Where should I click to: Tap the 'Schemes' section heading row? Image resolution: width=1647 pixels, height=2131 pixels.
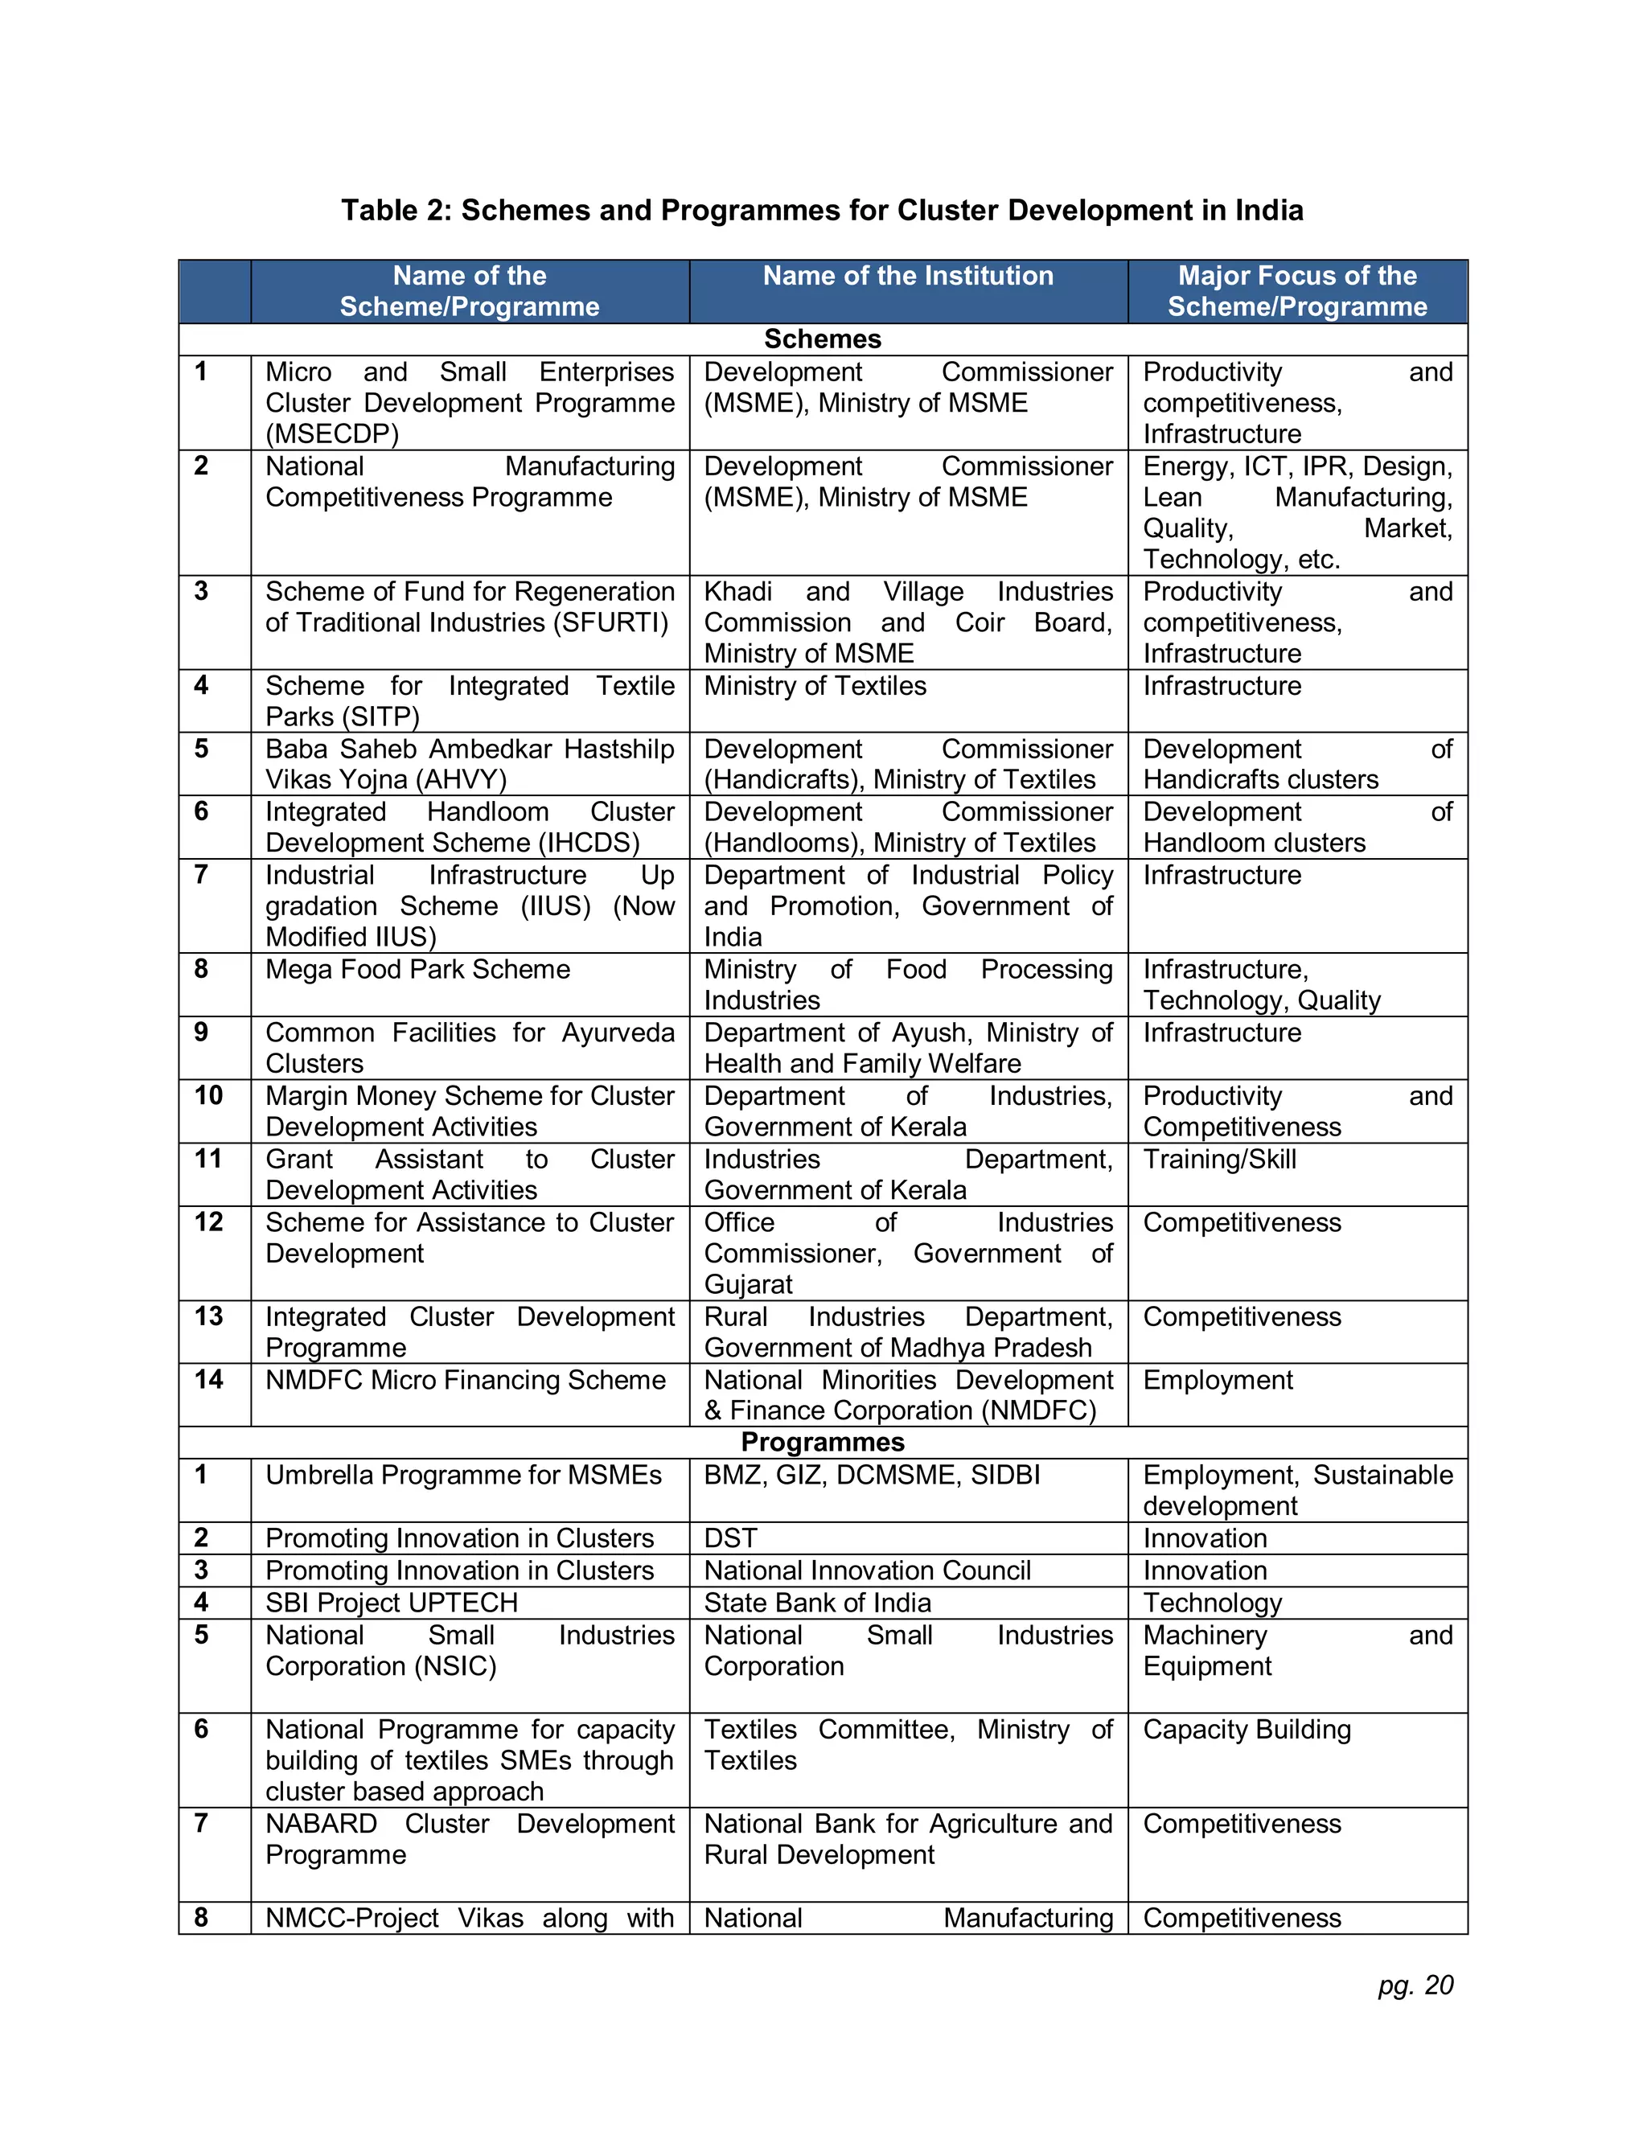823,339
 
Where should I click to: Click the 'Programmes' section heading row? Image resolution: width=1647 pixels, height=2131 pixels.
823,1442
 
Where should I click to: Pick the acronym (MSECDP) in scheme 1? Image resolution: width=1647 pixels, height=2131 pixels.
332,434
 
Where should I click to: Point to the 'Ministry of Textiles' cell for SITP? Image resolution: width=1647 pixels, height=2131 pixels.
815,686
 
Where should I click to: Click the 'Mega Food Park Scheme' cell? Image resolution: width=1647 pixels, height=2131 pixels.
417,970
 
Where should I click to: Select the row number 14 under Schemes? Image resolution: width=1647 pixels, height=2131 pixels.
209,1380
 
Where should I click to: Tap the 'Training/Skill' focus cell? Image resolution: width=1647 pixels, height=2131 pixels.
1220,1159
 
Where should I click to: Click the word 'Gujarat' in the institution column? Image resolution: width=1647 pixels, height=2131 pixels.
749,1284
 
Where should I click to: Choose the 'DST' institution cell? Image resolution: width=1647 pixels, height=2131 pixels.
731,1538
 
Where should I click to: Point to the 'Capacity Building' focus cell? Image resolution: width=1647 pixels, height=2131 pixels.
1247,1729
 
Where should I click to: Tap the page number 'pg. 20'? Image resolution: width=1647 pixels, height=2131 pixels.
1415,1985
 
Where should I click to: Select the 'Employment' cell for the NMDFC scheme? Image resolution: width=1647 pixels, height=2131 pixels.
1218,1380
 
